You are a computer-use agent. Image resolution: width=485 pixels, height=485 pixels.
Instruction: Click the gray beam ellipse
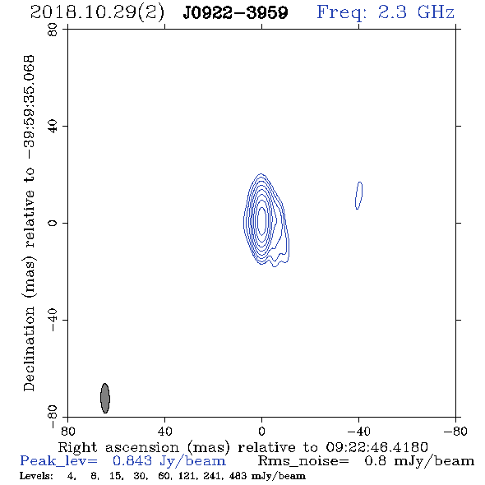(105, 398)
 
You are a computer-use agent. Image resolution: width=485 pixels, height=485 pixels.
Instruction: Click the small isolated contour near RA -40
(358, 196)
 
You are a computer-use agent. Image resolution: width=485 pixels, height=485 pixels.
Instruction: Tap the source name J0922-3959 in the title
(235, 13)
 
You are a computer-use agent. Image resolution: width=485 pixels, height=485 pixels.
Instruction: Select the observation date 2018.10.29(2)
(97, 13)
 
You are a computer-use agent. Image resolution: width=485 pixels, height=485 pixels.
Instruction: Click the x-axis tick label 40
(164, 431)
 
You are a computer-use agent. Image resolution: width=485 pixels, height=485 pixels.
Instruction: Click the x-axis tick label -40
(358, 431)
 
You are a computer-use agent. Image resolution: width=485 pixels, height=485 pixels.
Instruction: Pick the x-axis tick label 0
(261, 431)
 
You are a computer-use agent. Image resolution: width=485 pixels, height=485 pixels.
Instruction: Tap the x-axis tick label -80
(455, 431)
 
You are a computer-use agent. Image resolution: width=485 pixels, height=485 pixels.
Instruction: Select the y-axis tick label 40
(53, 127)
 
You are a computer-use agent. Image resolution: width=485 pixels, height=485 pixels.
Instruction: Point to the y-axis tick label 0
(53, 223)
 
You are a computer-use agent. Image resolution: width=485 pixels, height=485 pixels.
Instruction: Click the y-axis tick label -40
(53, 320)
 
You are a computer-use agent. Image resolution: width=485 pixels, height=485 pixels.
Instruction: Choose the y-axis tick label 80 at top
(53, 30)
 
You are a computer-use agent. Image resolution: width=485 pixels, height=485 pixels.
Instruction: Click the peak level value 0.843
(132, 461)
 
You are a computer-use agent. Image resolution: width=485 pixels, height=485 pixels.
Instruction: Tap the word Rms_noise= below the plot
(303, 461)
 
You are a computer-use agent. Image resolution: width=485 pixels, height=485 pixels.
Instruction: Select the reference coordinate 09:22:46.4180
(376, 447)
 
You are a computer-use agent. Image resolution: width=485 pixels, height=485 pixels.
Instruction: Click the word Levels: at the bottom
(36, 476)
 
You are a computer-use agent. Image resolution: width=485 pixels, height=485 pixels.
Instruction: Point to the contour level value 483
(238, 476)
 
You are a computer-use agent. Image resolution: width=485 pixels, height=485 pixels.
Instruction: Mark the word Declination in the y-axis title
(29, 349)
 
